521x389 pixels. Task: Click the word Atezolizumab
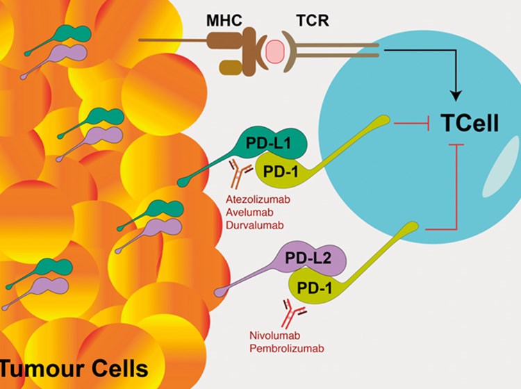(254, 199)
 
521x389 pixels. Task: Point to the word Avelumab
(247, 212)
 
